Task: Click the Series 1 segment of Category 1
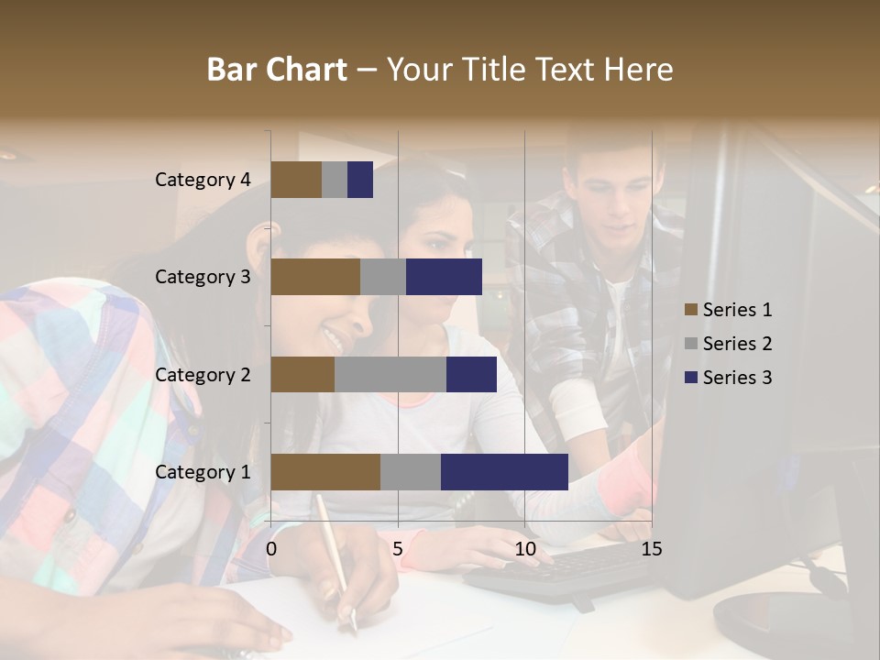pos(325,472)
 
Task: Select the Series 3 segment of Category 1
pos(504,472)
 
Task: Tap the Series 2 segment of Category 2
pos(390,374)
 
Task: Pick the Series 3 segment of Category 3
pos(444,277)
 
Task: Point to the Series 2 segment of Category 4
pos(335,180)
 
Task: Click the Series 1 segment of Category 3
pos(315,277)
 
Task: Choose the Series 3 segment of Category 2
pos(471,374)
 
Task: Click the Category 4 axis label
pos(203,180)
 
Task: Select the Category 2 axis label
pos(203,374)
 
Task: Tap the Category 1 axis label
pos(203,472)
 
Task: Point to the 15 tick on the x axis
pos(651,549)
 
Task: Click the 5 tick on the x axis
pos(398,549)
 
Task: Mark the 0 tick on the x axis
pos(271,549)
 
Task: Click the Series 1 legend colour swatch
pos(690,310)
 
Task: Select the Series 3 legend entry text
pos(737,378)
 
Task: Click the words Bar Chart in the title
pos(277,69)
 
